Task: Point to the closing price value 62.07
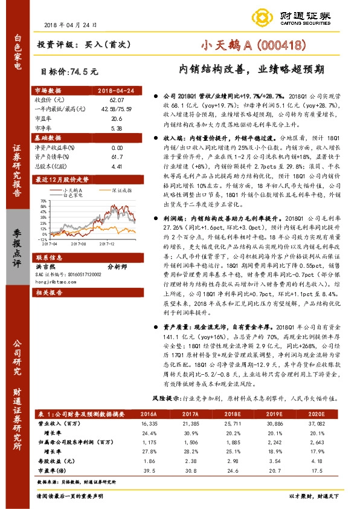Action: tap(117, 99)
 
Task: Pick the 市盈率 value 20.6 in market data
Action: tap(117, 119)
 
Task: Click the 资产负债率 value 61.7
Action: tap(117, 156)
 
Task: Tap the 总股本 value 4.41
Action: tap(117, 165)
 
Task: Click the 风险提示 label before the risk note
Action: tap(164, 399)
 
